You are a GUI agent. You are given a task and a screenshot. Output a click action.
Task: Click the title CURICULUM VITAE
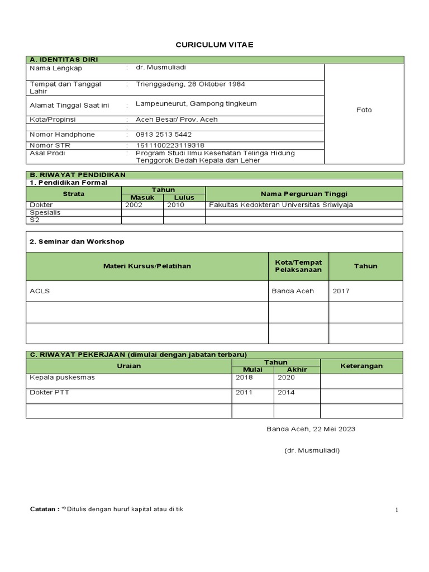pyautogui.click(x=214, y=45)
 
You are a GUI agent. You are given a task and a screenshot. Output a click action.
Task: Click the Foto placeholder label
pyautogui.click(x=364, y=110)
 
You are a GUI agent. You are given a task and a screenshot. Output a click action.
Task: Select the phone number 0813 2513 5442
pyautogui.click(x=164, y=135)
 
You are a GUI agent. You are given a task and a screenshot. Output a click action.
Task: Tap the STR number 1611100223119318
pyautogui.click(x=170, y=145)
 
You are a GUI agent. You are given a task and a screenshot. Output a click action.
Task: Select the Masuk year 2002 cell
pyautogui.click(x=134, y=205)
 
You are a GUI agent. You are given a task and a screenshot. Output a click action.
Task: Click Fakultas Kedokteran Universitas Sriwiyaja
pyautogui.click(x=281, y=205)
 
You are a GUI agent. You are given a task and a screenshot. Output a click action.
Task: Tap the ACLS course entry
pyautogui.click(x=39, y=291)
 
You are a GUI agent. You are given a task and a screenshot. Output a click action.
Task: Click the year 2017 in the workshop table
pyautogui.click(x=341, y=291)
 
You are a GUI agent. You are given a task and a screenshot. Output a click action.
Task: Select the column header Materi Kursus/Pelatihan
pyautogui.click(x=147, y=266)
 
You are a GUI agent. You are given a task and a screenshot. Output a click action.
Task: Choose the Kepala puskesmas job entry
pyautogui.click(x=62, y=378)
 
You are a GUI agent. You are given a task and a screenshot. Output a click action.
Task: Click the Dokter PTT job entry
pyautogui.click(x=49, y=393)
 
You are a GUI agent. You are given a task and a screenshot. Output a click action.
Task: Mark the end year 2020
pyautogui.click(x=286, y=378)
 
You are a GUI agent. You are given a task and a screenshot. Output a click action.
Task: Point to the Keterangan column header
pyautogui.click(x=361, y=366)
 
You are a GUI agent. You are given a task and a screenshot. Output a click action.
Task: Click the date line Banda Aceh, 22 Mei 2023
pyautogui.click(x=311, y=430)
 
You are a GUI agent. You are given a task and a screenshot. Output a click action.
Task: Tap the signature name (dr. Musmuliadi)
pyautogui.click(x=312, y=451)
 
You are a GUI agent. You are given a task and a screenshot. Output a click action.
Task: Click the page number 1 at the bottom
pyautogui.click(x=397, y=510)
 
